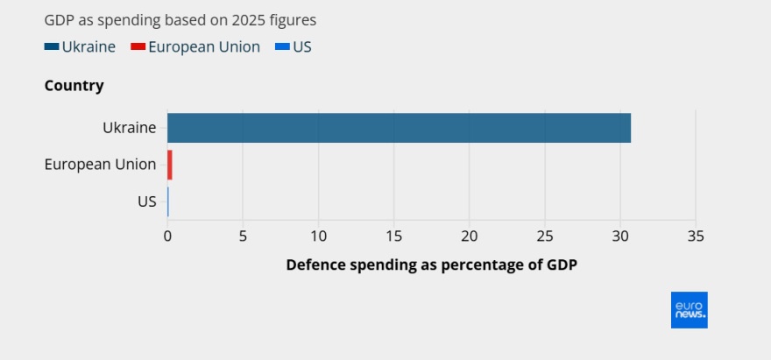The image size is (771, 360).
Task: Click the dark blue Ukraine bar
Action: click(399, 128)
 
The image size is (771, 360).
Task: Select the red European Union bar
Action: click(170, 165)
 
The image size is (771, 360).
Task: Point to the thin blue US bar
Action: click(167, 201)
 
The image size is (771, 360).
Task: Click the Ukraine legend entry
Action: click(80, 47)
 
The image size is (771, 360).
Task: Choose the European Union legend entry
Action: click(195, 47)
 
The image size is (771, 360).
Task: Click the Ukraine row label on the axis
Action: click(129, 128)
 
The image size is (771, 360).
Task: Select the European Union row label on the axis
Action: click(100, 165)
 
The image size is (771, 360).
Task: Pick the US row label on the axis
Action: click(146, 201)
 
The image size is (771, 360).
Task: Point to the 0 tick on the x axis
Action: click(167, 236)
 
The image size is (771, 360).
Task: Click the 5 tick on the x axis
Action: click(243, 236)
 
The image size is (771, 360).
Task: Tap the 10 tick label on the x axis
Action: click(318, 236)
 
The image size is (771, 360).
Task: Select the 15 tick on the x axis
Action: click(393, 236)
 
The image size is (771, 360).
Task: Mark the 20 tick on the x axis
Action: click(469, 236)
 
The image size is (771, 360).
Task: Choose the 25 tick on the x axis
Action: click(545, 236)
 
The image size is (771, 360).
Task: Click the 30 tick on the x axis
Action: click(620, 236)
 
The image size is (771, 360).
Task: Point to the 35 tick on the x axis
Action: click(696, 236)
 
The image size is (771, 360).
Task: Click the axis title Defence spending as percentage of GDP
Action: click(431, 265)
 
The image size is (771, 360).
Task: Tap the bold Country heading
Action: click(74, 86)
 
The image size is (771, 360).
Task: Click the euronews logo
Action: click(689, 310)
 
